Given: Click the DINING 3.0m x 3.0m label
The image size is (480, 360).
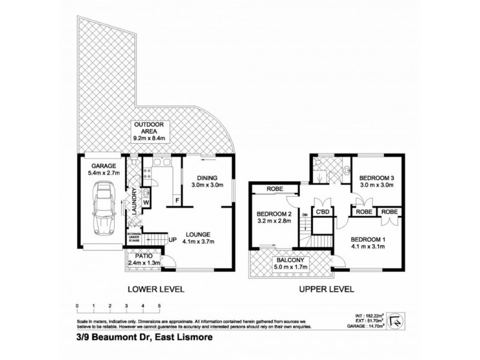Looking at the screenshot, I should (205, 181).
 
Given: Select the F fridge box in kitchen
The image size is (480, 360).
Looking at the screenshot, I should (177, 199).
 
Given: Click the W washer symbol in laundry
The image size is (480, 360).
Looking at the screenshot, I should (146, 202).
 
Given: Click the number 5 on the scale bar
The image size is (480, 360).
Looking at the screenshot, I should (159, 306).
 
